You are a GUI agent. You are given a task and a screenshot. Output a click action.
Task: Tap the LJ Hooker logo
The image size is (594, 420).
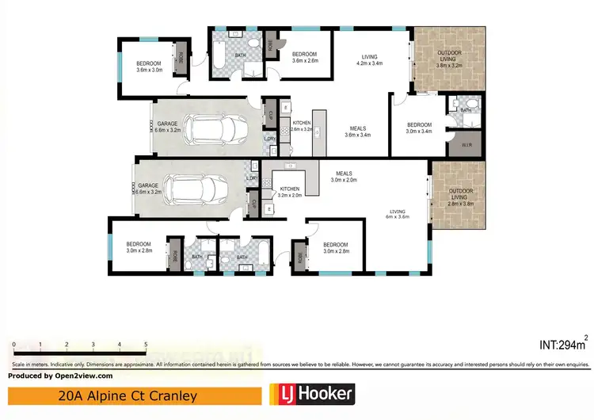click(x=311, y=394)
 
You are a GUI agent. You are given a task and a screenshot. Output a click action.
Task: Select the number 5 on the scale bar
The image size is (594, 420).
click(x=146, y=345)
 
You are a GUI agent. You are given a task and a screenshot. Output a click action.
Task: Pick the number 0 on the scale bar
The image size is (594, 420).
click(x=14, y=345)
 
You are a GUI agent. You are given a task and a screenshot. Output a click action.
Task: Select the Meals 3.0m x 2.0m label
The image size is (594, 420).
click(x=344, y=177)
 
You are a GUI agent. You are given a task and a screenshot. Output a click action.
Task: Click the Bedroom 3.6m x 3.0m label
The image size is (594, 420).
click(x=149, y=67)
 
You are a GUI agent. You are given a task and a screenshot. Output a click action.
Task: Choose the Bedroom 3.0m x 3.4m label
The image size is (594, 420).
click(x=419, y=128)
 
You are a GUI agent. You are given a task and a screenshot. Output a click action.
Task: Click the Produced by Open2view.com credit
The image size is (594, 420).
click(x=61, y=376)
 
